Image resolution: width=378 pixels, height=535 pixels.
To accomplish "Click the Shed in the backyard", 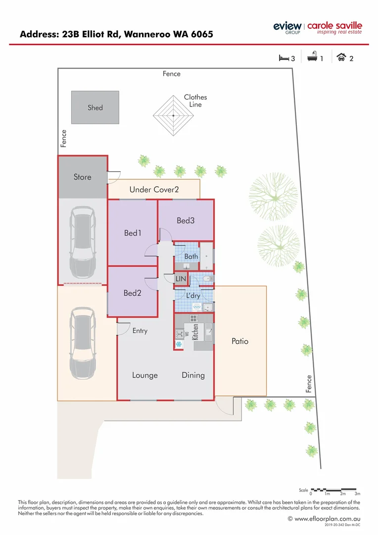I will click(95, 107).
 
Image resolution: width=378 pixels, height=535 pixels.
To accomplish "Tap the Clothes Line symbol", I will click(173, 115).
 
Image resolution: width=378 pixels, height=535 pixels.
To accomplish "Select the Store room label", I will click(83, 177).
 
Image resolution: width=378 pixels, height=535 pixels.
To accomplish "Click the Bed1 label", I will click(133, 233).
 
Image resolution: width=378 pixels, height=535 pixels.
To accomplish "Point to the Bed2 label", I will click(132, 293).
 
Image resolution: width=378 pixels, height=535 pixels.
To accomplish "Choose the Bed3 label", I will click(186, 220).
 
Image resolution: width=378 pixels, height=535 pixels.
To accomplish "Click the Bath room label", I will click(191, 257).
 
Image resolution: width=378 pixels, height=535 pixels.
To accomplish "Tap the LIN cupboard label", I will click(181, 279).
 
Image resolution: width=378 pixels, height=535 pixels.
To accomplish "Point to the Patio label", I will click(240, 341).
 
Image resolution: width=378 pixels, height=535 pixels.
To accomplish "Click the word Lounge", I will click(145, 375).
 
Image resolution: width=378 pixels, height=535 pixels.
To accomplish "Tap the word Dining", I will click(193, 375).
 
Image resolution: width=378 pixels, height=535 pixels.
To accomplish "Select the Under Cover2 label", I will click(154, 189).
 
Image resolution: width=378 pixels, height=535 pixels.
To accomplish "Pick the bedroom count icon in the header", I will click(284, 58).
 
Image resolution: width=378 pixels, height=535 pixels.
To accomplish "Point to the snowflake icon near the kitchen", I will click(179, 344).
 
